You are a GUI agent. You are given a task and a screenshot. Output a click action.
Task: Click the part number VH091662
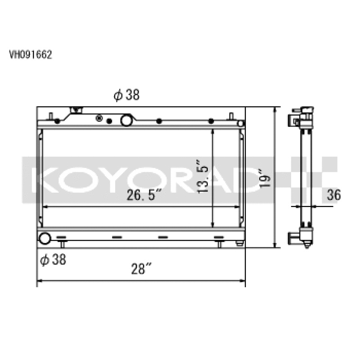coord(31,55)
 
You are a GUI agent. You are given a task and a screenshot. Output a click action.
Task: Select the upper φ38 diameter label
coord(127,95)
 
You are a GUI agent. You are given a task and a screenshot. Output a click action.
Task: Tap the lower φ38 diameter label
coord(54,260)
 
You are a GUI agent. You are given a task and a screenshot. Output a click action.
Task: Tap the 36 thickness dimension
coord(334,194)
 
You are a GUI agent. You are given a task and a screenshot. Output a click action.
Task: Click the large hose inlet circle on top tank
coord(126,120)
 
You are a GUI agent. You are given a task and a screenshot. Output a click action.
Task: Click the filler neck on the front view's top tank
coord(76,110)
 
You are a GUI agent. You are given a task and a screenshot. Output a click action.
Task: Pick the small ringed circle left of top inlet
coord(99,119)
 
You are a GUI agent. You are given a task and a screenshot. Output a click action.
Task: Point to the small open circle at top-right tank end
coord(241,123)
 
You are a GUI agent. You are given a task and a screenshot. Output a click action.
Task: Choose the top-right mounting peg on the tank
coord(231,116)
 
